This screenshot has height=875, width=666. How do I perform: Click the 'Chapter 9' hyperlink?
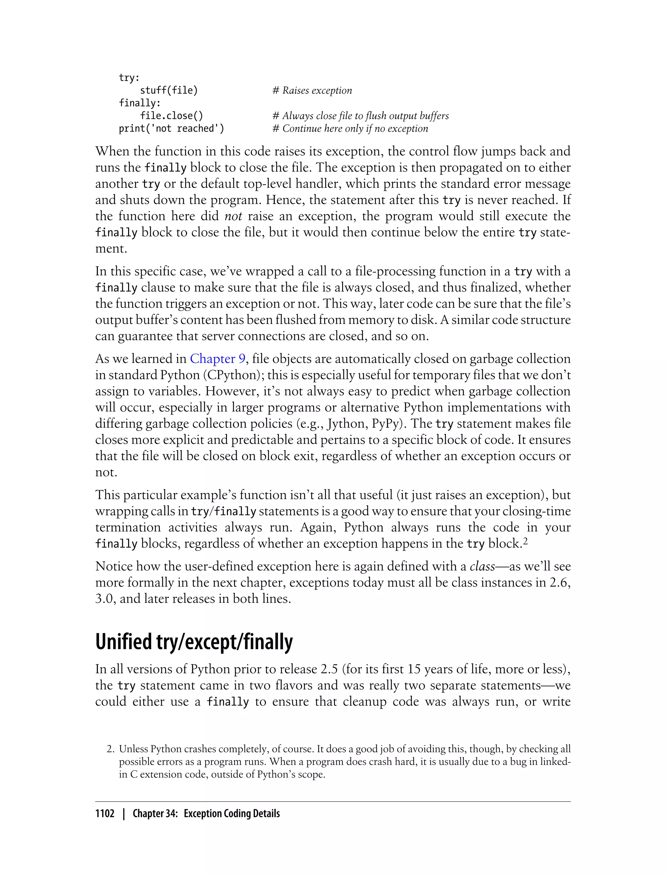coord(218,359)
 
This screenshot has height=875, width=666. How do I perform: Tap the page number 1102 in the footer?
coord(105,813)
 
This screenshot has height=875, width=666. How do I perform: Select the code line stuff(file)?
coord(168,90)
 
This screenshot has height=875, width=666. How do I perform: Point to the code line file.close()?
coord(171,116)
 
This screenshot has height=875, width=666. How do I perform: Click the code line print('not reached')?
coord(171,129)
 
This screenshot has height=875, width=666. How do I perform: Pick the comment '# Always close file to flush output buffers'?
coord(360,116)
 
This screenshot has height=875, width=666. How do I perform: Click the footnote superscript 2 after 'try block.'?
coord(525,541)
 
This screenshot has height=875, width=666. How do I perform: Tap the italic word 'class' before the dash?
coord(482,566)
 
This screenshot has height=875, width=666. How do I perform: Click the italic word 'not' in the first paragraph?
coord(233,216)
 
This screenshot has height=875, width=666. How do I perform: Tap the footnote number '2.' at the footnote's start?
coord(111,749)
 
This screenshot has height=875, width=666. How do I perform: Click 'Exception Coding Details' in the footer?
coord(232,813)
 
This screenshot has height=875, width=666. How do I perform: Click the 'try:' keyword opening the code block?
coord(129,78)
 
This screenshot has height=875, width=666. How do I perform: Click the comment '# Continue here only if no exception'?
coord(350,129)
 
